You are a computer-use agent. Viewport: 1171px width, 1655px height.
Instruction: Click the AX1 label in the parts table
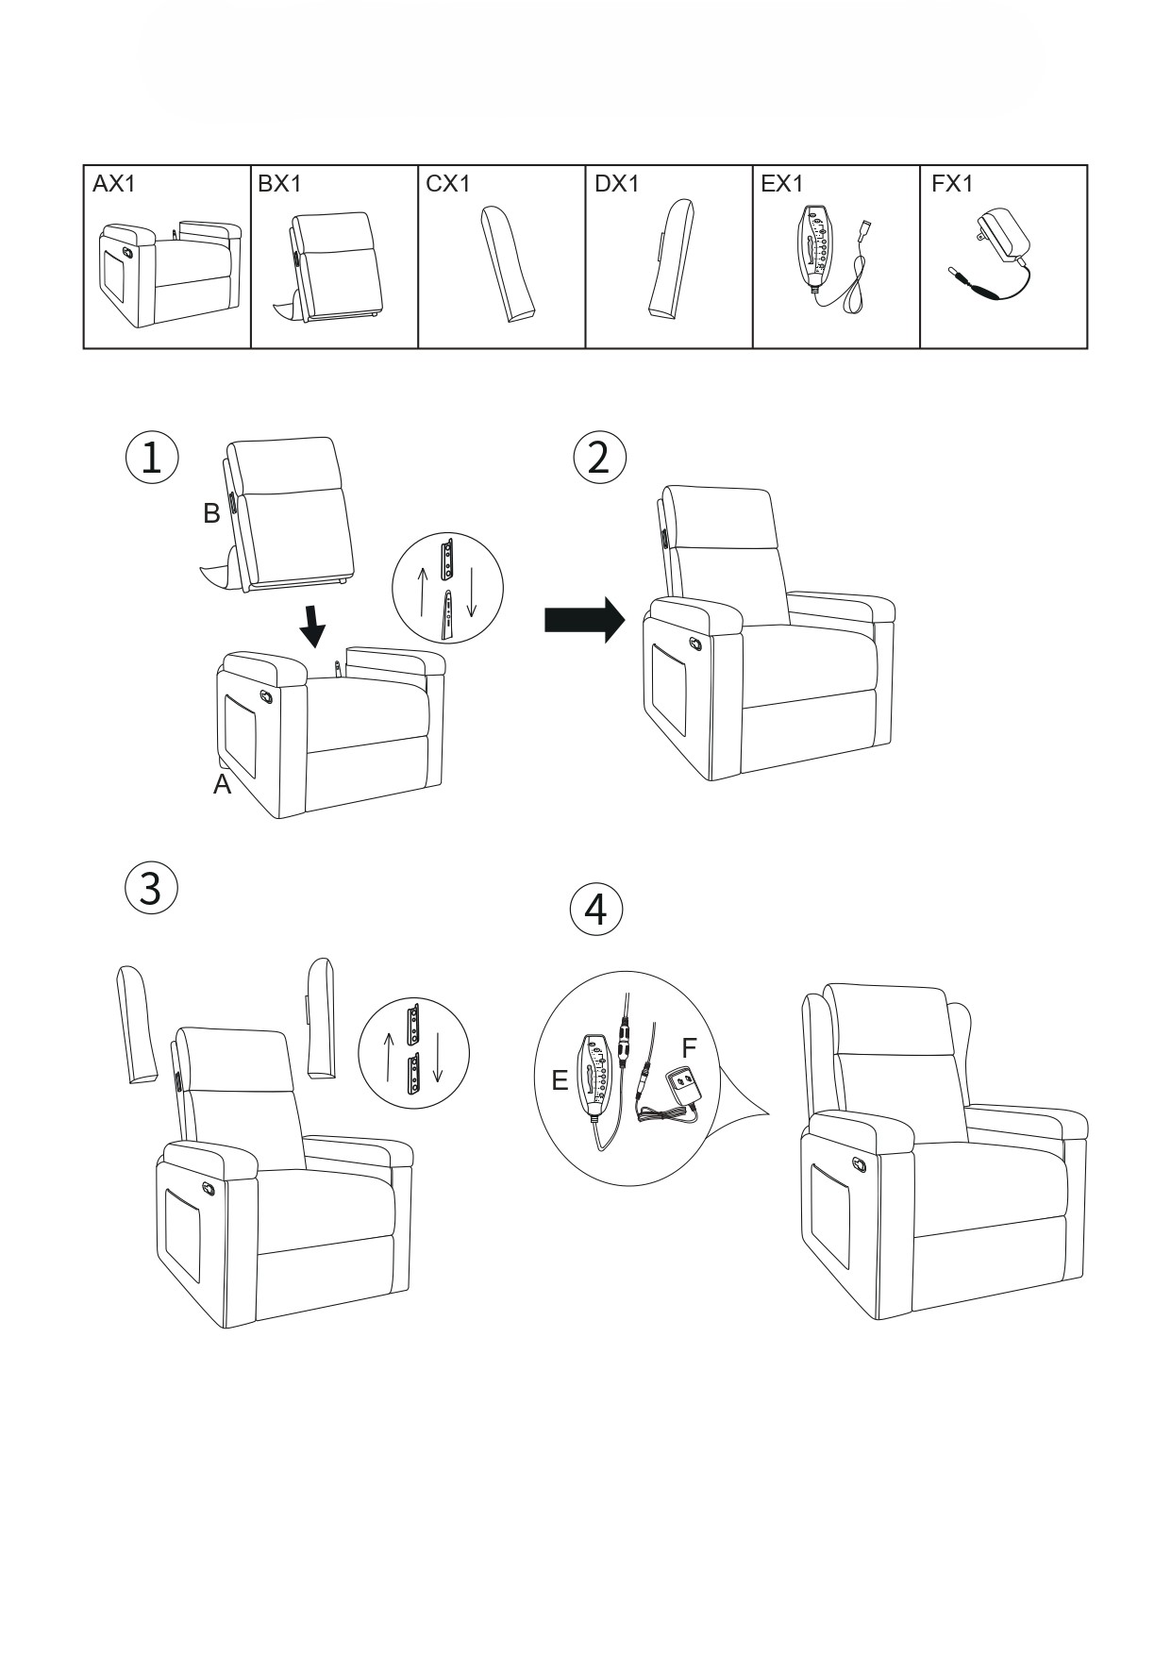(114, 184)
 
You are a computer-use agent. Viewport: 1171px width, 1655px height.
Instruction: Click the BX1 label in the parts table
(279, 184)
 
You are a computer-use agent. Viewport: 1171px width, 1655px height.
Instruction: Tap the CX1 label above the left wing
(447, 184)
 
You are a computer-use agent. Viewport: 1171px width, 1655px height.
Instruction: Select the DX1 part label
(616, 184)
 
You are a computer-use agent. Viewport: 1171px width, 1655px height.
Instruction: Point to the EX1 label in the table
(782, 184)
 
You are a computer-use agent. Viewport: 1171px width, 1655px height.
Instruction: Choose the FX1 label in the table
(951, 184)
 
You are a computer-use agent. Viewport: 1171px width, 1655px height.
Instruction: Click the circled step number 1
(151, 458)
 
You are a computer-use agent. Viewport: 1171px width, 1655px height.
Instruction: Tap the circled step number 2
(599, 458)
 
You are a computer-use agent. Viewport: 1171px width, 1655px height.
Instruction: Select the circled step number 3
(151, 889)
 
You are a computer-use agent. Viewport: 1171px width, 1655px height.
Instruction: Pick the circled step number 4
(596, 911)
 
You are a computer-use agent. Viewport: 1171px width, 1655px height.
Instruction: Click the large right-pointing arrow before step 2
(585, 620)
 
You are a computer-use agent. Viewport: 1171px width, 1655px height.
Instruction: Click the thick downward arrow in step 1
(313, 625)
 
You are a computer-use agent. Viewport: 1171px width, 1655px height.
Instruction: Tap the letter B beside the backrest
(211, 513)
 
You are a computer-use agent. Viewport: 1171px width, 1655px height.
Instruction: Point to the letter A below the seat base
(222, 785)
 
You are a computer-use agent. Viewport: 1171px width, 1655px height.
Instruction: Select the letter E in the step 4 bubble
(560, 1081)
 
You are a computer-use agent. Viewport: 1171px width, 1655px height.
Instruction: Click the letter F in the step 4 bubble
(689, 1048)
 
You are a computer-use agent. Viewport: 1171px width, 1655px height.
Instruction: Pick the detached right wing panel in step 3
(321, 1019)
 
